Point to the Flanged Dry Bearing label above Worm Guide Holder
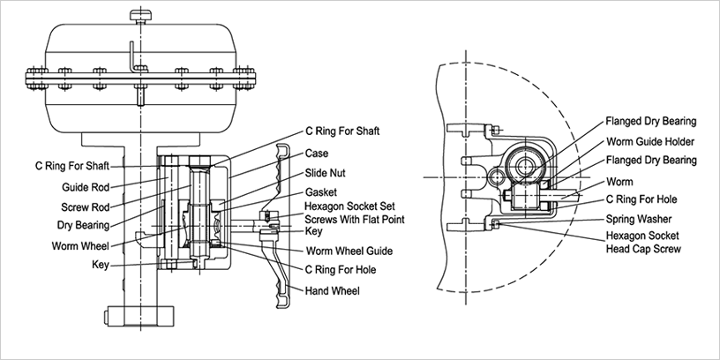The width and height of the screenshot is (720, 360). coord(651,121)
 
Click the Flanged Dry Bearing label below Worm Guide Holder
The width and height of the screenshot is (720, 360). coord(651,160)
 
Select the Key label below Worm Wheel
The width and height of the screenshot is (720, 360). coord(100,264)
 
